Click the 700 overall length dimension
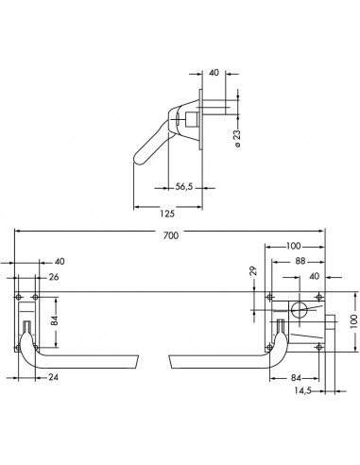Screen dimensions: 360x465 [x=171, y=235]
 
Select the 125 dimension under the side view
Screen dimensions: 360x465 [x=167, y=214]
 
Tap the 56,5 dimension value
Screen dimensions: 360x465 [x=184, y=187]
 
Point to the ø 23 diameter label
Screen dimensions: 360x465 [x=237, y=138]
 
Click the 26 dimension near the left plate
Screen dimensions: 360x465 [x=54, y=277]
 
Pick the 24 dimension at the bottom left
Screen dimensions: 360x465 [x=53, y=377]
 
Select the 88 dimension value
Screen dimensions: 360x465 [x=300, y=261]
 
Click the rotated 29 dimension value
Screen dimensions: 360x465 [x=253, y=271]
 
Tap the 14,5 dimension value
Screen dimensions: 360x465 [x=302, y=390]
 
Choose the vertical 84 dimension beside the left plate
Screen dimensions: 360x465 [x=55, y=320]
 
